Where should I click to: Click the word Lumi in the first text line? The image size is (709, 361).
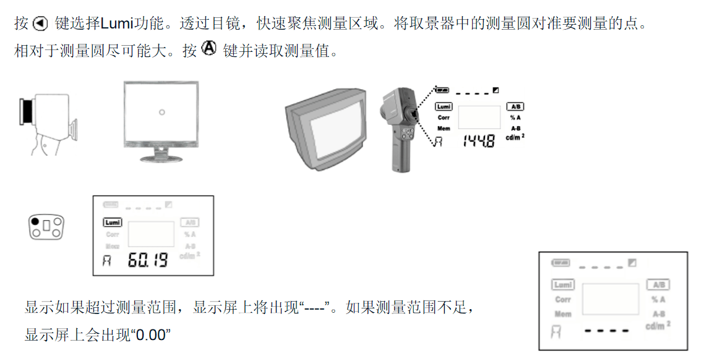click(x=116, y=24)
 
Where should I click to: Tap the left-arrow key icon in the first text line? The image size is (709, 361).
click(x=40, y=24)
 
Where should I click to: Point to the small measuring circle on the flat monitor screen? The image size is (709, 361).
click(x=161, y=112)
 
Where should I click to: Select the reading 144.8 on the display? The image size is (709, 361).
click(x=479, y=142)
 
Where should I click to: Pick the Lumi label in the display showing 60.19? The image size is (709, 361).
click(x=112, y=223)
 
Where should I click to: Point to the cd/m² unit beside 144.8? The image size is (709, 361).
click(x=515, y=137)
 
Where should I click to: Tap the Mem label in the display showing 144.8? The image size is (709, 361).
click(x=444, y=128)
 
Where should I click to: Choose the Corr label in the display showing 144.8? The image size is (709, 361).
click(x=444, y=117)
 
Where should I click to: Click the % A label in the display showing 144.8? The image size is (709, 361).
click(x=515, y=117)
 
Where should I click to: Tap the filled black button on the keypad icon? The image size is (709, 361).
click(x=35, y=221)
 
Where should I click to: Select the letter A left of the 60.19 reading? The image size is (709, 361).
click(x=107, y=261)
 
